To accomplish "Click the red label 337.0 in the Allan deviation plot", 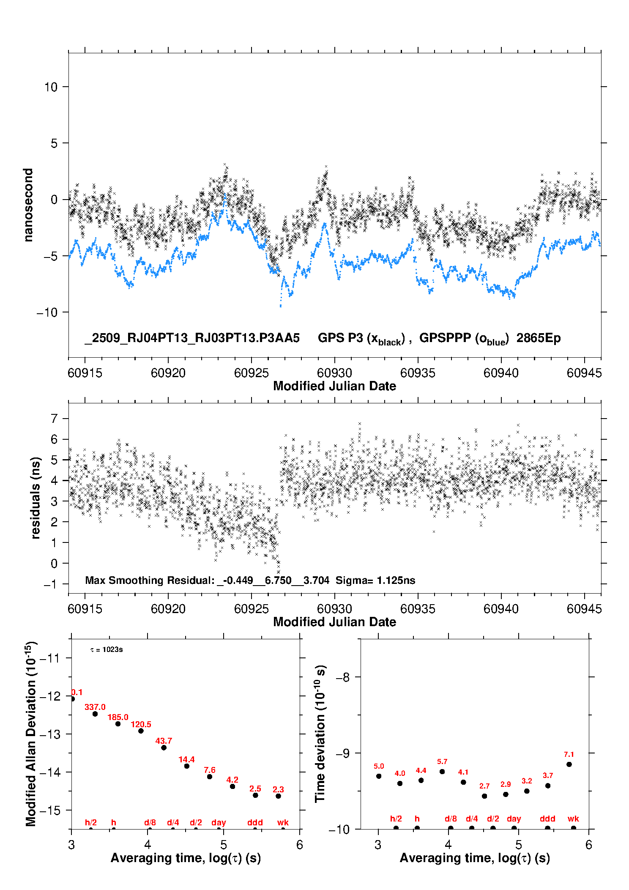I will point(95,707).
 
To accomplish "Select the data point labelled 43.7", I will point(164,748).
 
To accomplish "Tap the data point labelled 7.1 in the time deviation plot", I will point(569,764).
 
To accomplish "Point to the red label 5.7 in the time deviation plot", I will point(442,761).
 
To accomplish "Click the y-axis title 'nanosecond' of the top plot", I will point(28,205).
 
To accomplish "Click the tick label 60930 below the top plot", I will point(334,373).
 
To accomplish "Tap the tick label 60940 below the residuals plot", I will point(501,609).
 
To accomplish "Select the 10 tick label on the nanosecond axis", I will point(51,87).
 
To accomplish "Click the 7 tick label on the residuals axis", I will point(54,419).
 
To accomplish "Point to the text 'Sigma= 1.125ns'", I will point(375,580).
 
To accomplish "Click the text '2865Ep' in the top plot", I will point(539,338).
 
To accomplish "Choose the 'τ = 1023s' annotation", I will point(107,649).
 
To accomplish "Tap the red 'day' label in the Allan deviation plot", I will point(219,822).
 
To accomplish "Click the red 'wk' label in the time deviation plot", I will point(573,819).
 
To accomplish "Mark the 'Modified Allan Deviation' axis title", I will point(31,734).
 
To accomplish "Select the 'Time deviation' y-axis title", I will point(320,734).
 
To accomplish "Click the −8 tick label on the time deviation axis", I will point(342,677).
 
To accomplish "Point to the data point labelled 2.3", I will point(278,796).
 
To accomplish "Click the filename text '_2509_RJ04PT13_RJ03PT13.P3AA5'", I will point(192,338).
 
